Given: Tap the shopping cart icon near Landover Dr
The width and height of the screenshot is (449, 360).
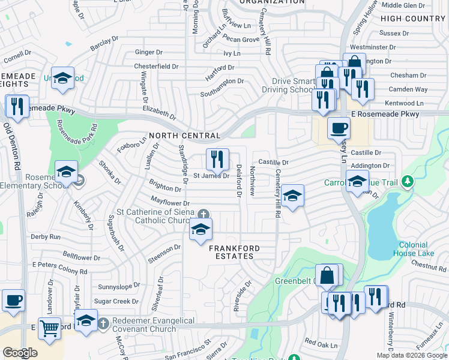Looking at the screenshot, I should [x=49, y=328].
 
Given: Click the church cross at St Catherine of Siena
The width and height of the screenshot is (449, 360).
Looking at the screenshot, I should [x=204, y=214].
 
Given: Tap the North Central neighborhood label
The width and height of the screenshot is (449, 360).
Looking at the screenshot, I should [x=184, y=136].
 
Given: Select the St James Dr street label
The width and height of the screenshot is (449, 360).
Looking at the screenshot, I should [x=211, y=176].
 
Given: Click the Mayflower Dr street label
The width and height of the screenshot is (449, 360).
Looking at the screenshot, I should [x=170, y=203].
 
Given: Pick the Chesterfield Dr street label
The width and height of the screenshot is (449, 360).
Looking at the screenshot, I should [x=157, y=66].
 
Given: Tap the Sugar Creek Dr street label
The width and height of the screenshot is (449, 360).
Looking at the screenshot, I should [x=116, y=301].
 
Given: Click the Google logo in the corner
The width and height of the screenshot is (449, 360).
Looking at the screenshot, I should [x=20, y=353].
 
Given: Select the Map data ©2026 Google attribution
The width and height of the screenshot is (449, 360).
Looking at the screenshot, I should [x=411, y=355].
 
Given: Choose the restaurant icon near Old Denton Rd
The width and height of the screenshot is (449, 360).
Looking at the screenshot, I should [x=16, y=107].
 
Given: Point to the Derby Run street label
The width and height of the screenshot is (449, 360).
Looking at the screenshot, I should [x=46, y=237].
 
